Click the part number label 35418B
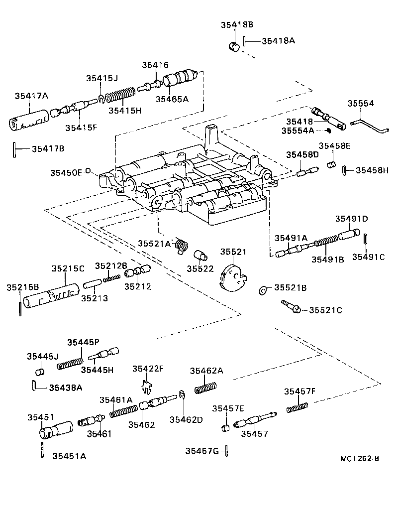coord(237,25)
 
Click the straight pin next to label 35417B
coord(15,148)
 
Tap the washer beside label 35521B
coord(263,289)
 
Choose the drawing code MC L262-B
coord(356,472)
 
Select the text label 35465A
coord(172,99)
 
